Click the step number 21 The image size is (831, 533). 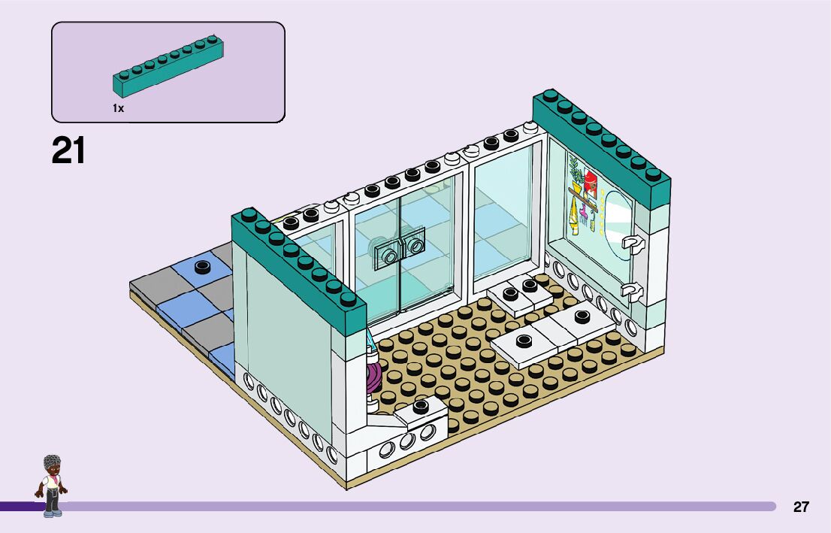(x=68, y=150)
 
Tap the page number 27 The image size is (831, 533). (x=801, y=507)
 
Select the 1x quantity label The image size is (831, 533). (x=118, y=108)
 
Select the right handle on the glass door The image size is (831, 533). (x=414, y=245)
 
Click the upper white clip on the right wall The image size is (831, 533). (x=633, y=244)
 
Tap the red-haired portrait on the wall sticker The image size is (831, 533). (x=590, y=184)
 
